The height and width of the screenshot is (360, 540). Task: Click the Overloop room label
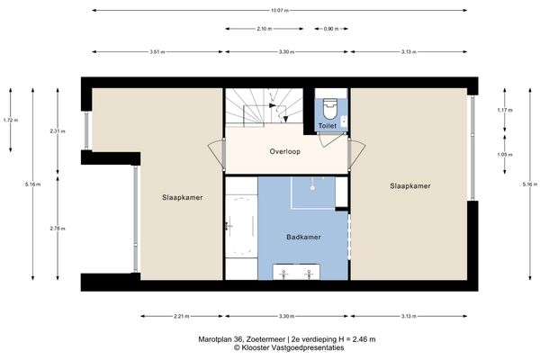pyautogui.click(x=284, y=151)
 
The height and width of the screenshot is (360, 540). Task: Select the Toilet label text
pyautogui.click(x=328, y=126)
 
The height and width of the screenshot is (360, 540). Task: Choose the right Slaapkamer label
pyautogui.click(x=409, y=186)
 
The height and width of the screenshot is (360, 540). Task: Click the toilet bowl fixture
pyautogui.click(x=329, y=109)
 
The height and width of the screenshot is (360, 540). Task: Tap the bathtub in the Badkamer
pyautogui.click(x=239, y=227)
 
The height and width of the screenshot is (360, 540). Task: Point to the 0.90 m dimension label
pyautogui.click(x=331, y=29)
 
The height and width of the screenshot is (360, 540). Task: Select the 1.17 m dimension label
pyautogui.click(x=504, y=111)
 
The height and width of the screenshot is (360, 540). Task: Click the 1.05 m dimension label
pyautogui.click(x=504, y=154)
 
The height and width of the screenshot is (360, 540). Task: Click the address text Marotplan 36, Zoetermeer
pyautogui.click(x=237, y=339)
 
